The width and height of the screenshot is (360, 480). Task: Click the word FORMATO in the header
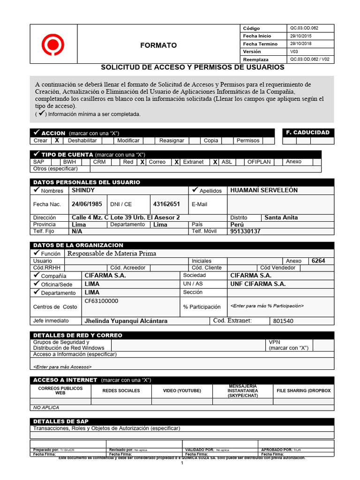coord(159,45)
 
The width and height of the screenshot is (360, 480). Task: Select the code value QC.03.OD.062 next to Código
coord(304,28)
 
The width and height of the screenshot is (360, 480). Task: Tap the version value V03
coord(294,52)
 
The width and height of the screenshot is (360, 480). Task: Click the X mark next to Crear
coord(57,140)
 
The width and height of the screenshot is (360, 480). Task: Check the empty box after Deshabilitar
coord(107,140)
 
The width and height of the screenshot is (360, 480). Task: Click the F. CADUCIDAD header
coord(307,132)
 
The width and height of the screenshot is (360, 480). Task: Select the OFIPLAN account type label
coord(259,162)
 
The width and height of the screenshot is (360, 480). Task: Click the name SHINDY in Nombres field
coord(83,190)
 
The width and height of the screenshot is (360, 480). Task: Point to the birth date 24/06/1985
coord(87,204)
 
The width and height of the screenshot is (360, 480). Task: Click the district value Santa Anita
coord(281,217)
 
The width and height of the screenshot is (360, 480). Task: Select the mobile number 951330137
coord(245,231)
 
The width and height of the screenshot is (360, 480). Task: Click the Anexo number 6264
coord(318,261)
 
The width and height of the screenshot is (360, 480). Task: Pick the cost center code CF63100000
coord(101,301)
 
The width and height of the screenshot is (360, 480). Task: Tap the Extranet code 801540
coord(283,321)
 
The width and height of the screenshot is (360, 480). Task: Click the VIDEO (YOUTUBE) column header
coord(182,390)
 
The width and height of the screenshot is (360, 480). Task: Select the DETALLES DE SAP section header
coord(61,421)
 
